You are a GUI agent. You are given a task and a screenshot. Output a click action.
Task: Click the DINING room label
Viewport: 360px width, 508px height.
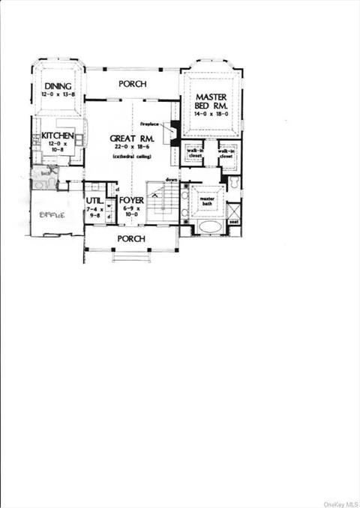[x=57, y=86]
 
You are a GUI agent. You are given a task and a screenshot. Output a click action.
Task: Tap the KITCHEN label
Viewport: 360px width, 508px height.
[x=58, y=136]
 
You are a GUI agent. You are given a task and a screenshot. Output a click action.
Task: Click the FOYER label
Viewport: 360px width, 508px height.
[x=131, y=201]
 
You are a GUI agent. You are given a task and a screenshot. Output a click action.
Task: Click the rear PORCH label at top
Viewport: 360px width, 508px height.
[x=132, y=84]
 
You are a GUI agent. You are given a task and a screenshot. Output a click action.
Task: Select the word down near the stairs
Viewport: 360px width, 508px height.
[x=171, y=181]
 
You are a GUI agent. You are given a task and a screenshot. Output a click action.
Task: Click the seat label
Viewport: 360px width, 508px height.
[x=234, y=222]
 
